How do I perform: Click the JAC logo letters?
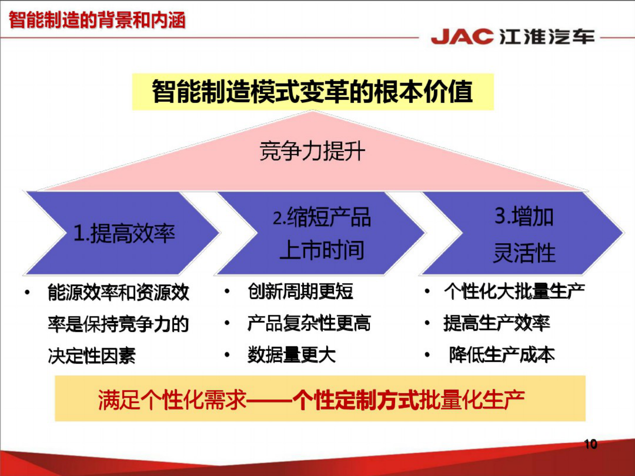pos(462,37)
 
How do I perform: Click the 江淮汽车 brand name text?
pos(547,37)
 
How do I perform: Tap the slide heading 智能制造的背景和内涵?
pos(97,20)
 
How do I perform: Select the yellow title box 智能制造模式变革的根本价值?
pos(312,92)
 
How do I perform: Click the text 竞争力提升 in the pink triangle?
pos(312,152)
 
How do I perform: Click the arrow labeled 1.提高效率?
pos(124,234)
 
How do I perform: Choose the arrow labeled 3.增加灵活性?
pos(524,234)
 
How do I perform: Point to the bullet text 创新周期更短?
pos(300,291)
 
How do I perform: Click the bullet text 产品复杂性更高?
pos(309,323)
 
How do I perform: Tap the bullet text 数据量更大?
pos(291,355)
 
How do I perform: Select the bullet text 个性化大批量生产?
pos(514,291)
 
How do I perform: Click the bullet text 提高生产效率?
pos(497,323)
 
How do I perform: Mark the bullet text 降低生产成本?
pos(502,355)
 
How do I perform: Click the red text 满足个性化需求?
pos(172,400)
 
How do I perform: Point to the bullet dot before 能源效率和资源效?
pos(27,292)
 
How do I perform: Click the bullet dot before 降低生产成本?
pos(427,355)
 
